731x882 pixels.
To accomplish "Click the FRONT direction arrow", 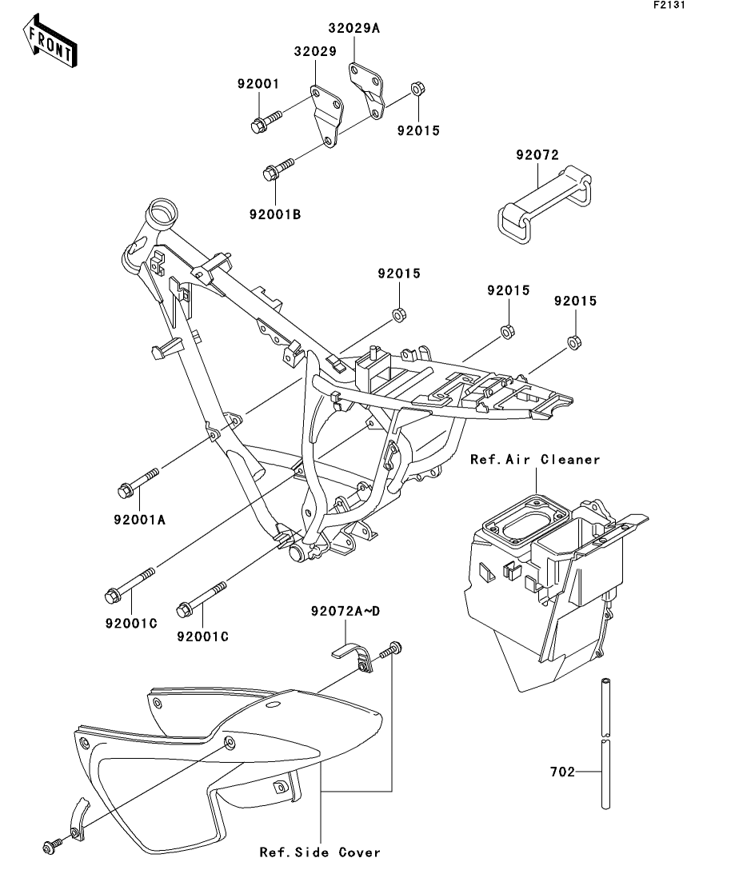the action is pyautogui.click(x=50, y=41).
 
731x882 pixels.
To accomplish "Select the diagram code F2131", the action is pyautogui.click(x=669, y=5).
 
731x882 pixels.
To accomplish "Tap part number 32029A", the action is pyautogui.click(x=354, y=28).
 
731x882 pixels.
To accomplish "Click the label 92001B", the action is pyautogui.click(x=275, y=214).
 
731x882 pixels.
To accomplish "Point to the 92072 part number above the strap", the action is pyautogui.click(x=537, y=154).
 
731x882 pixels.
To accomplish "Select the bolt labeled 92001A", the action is pyautogui.click(x=138, y=483).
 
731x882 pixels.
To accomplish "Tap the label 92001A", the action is pyautogui.click(x=139, y=520).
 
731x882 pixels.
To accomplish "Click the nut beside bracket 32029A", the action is pyautogui.click(x=417, y=88).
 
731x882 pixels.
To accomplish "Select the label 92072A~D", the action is pyautogui.click(x=346, y=611).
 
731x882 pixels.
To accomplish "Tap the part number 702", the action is pyautogui.click(x=562, y=772).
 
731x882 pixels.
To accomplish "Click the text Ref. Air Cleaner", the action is pyautogui.click(x=535, y=460).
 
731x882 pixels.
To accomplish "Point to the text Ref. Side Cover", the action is pyautogui.click(x=320, y=852).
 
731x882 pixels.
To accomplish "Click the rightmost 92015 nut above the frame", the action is pyautogui.click(x=574, y=342).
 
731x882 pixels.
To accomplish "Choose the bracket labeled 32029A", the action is pyautogui.click(x=368, y=90).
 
